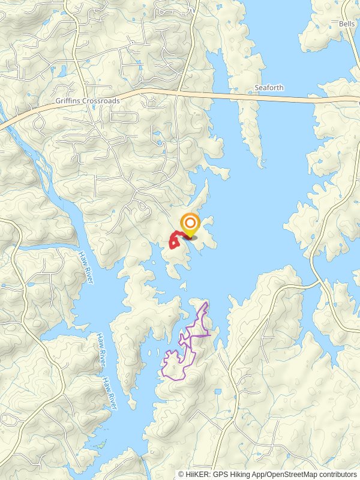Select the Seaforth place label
click(269, 88)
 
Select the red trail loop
click(174, 241)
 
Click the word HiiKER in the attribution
click(196, 474)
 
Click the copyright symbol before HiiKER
click(181, 474)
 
